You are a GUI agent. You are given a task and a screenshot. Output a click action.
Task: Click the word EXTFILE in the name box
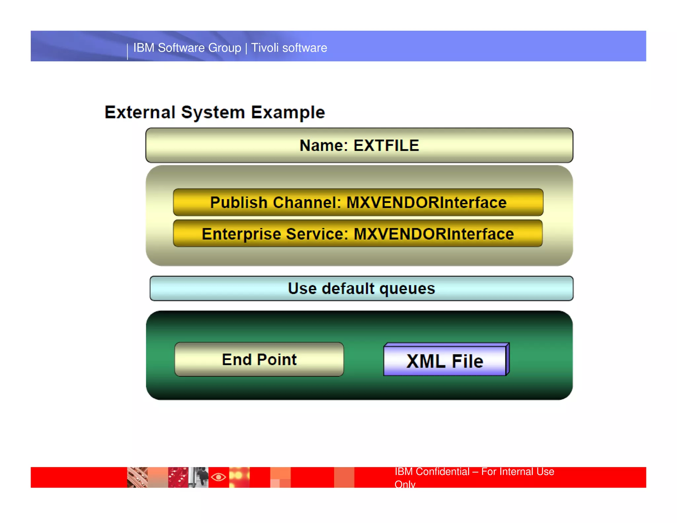[x=386, y=146]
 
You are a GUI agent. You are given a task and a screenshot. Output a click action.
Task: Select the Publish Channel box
[x=358, y=202]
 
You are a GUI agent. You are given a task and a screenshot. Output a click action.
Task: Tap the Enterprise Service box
[x=358, y=234]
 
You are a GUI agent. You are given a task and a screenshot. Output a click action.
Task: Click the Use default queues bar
[x=361, y=289]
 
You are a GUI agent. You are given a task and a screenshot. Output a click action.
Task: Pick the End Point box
[x=259, y=359]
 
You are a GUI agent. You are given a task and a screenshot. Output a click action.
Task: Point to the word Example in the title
[x=288, y=113]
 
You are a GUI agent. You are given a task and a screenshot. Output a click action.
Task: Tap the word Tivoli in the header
[x=265, y=48]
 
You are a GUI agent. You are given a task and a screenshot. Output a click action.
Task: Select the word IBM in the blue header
[x=144, y=48]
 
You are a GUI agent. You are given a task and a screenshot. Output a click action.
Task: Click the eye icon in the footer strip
[x=219, y=477]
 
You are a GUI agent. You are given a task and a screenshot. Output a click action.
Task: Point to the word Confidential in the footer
[x=442, y=471]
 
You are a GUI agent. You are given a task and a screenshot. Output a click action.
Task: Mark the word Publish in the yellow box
[x=239, y=203]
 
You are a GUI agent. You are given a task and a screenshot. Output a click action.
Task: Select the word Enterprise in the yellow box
[x=241, y=234]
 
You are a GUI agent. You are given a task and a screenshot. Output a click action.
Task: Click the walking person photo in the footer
[x=199, y=477]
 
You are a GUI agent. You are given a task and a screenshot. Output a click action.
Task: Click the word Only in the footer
[x=405, y=484]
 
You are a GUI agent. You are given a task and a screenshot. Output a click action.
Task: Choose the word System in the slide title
[x=213, y=113]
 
